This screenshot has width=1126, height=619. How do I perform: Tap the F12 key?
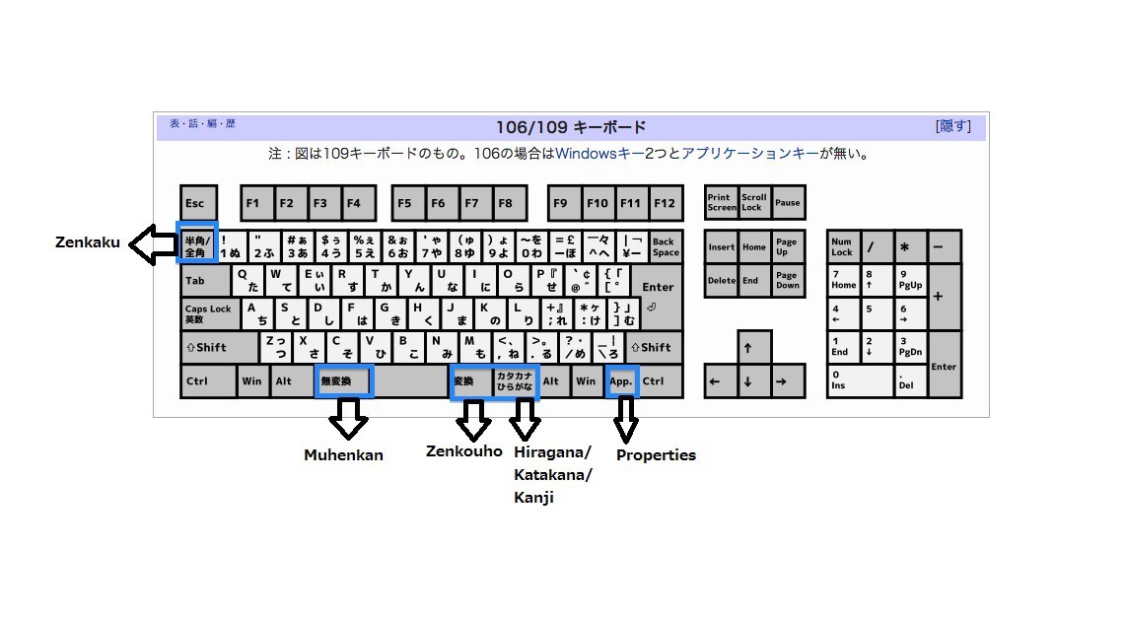[665, 203]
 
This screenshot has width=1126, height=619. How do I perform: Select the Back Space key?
[665, 245]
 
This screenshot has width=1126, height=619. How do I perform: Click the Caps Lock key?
[208, 313]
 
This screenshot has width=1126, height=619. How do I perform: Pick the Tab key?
[205, 280]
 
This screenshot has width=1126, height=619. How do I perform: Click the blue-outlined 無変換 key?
[344, 380]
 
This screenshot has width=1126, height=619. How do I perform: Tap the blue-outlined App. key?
[622, 380]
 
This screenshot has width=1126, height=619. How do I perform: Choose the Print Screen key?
[721, 203]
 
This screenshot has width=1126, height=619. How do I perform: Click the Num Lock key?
[843, 245]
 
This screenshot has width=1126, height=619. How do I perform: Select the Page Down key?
[787, 280]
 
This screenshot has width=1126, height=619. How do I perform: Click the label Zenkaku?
[88, 242]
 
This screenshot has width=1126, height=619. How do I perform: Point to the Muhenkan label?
[343, 455]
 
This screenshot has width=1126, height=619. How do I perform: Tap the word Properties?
[656, 455]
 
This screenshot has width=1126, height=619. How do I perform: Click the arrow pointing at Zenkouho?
[473, 421]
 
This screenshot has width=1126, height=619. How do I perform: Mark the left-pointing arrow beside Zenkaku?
[152, 244]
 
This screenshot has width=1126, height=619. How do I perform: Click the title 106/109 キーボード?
[572, 127]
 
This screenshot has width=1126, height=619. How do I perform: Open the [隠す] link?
[952, 126]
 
